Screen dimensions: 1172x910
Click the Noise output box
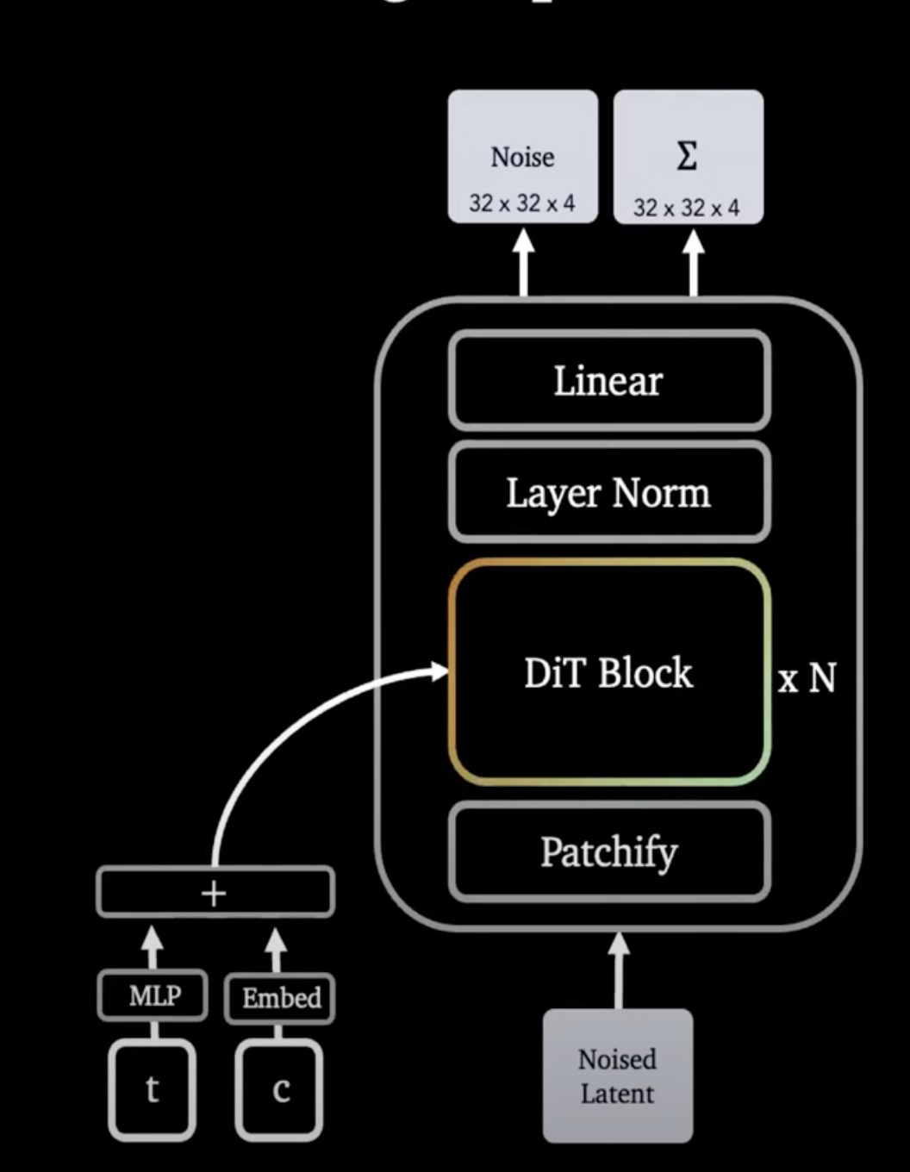(522, 156)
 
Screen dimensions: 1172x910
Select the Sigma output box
(688, 156)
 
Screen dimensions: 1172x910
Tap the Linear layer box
(608, 381)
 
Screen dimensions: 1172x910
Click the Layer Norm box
(608, 493)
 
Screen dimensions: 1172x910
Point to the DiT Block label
(608, 673)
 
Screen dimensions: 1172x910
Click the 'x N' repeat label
(807, 679)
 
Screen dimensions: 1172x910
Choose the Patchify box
(608, 852)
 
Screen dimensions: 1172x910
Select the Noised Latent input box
(617, 1075)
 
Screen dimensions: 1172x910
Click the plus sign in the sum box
(214, 893)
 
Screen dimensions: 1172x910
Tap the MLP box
(154, 996)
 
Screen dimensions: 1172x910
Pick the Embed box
(280, 998)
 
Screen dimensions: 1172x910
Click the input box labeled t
(153, 1090)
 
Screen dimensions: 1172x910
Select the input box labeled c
(280, 1090)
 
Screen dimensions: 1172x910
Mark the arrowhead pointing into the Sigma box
(694, 241)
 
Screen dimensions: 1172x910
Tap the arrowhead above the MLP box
(153, 939)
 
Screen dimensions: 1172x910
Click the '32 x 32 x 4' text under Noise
(521, 203)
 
